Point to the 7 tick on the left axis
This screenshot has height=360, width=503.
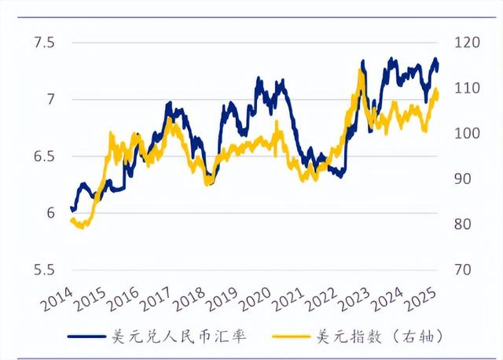[49, 99]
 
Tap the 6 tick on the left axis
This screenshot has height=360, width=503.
[49, 213]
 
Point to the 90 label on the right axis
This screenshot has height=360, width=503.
[462, 179]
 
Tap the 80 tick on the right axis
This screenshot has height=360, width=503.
[462, 224]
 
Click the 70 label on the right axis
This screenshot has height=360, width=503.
[462, 270]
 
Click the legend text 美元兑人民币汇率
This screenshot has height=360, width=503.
[182, 337]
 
